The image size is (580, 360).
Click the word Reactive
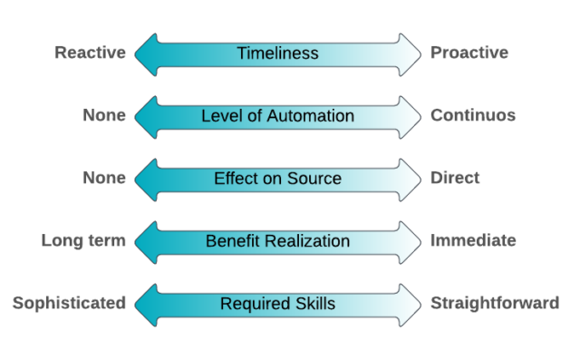(x=90, y=53)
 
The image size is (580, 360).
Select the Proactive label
(x=469, y=53)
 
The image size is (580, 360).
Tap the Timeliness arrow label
(x=277, y=54)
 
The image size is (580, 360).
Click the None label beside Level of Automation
(x=104, y=115)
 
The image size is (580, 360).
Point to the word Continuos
(x=473, y=115)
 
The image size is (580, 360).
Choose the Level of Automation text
(x=277, y=116)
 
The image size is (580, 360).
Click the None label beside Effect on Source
(x=104, y=178)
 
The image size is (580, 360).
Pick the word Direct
(x=456, y=178)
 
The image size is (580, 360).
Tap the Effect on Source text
(x=277, y=179)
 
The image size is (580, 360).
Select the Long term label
(x=83, y=240)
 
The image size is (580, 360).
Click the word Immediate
(x=473, y=240)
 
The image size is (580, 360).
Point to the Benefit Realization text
(x=277, y=241)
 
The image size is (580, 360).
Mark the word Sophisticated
(x=69, y=303)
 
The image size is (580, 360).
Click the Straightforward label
(x=495, y=303)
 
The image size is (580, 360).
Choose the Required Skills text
(x=277, y=304)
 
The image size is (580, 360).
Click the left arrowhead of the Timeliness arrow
(x=146, y=54)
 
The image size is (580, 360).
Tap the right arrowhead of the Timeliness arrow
(x=410, y=54)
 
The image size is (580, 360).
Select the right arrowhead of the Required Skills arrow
(x=410, y=304)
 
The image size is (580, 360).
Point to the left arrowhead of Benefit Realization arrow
(x=146, y=241)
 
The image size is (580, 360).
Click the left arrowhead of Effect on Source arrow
(x=146, y=179)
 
